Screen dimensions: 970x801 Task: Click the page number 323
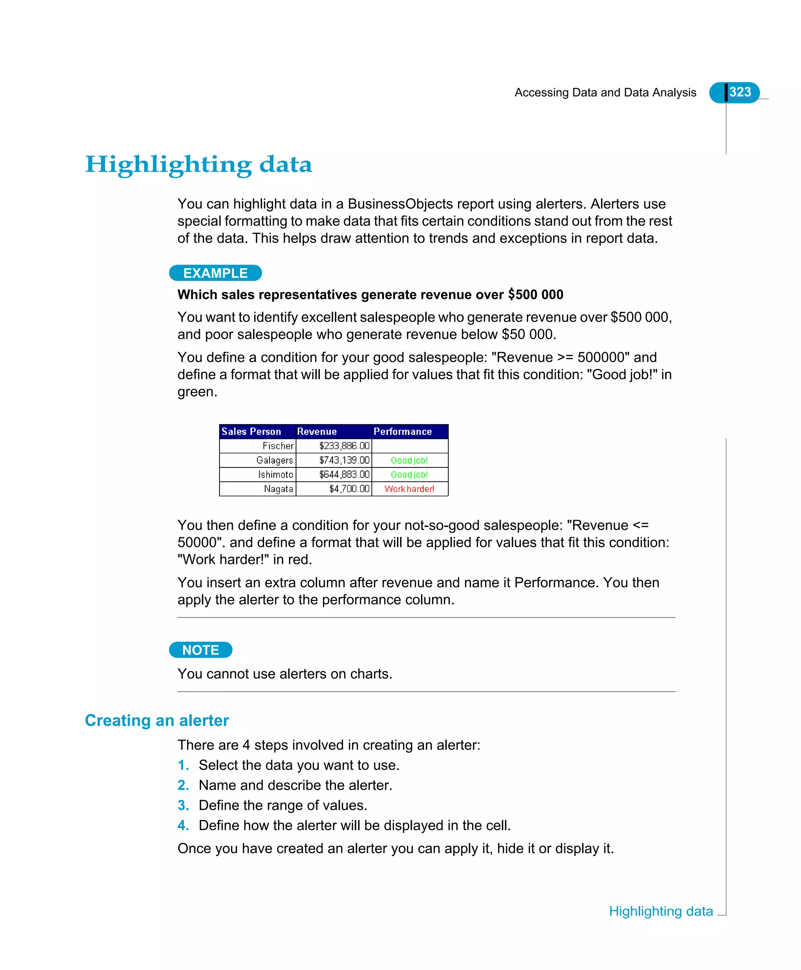coord(740,92)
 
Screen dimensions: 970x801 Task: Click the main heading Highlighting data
coord(198,165)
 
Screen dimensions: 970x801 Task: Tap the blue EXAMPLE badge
coord(216,273)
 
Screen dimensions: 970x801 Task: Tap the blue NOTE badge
coord(201,650)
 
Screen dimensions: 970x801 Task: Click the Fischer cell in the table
coord(278,446)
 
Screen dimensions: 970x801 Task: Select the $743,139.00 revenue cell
coord(344,460)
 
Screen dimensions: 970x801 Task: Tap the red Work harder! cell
coord(409,489)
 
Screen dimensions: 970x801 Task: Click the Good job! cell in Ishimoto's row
coord(409,474)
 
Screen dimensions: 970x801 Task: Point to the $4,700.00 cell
coord(349,489)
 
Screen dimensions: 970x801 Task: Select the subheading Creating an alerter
coord(157,720)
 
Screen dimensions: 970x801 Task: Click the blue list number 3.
coord(183,805)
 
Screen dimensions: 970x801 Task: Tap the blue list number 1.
coord(183,765)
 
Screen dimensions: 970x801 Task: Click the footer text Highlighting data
coord(661,911)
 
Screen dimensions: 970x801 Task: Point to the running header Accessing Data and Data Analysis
coord(605,93)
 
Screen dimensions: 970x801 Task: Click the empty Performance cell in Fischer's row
coord(409,446)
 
